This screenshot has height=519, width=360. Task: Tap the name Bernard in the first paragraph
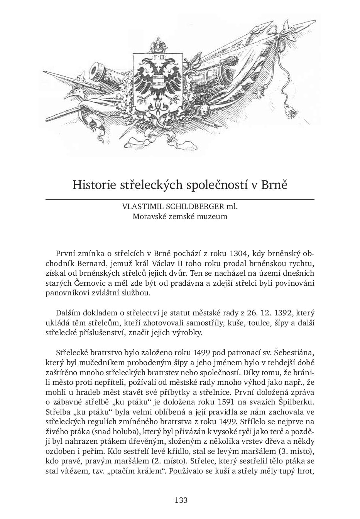(91, 264)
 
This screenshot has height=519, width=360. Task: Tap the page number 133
(181, 500)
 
